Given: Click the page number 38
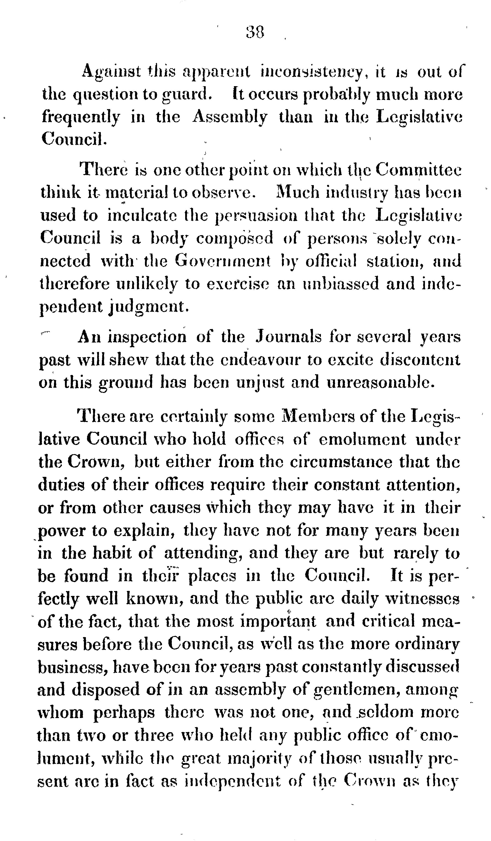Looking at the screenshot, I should (255, 33).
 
